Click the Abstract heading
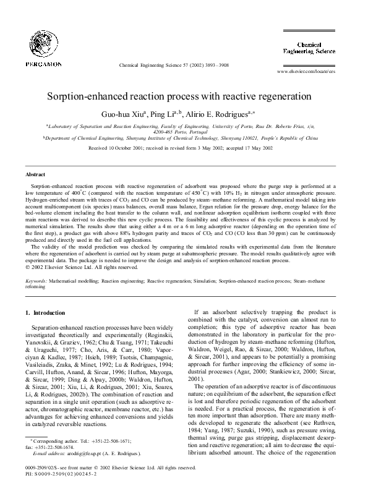(35, 175)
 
